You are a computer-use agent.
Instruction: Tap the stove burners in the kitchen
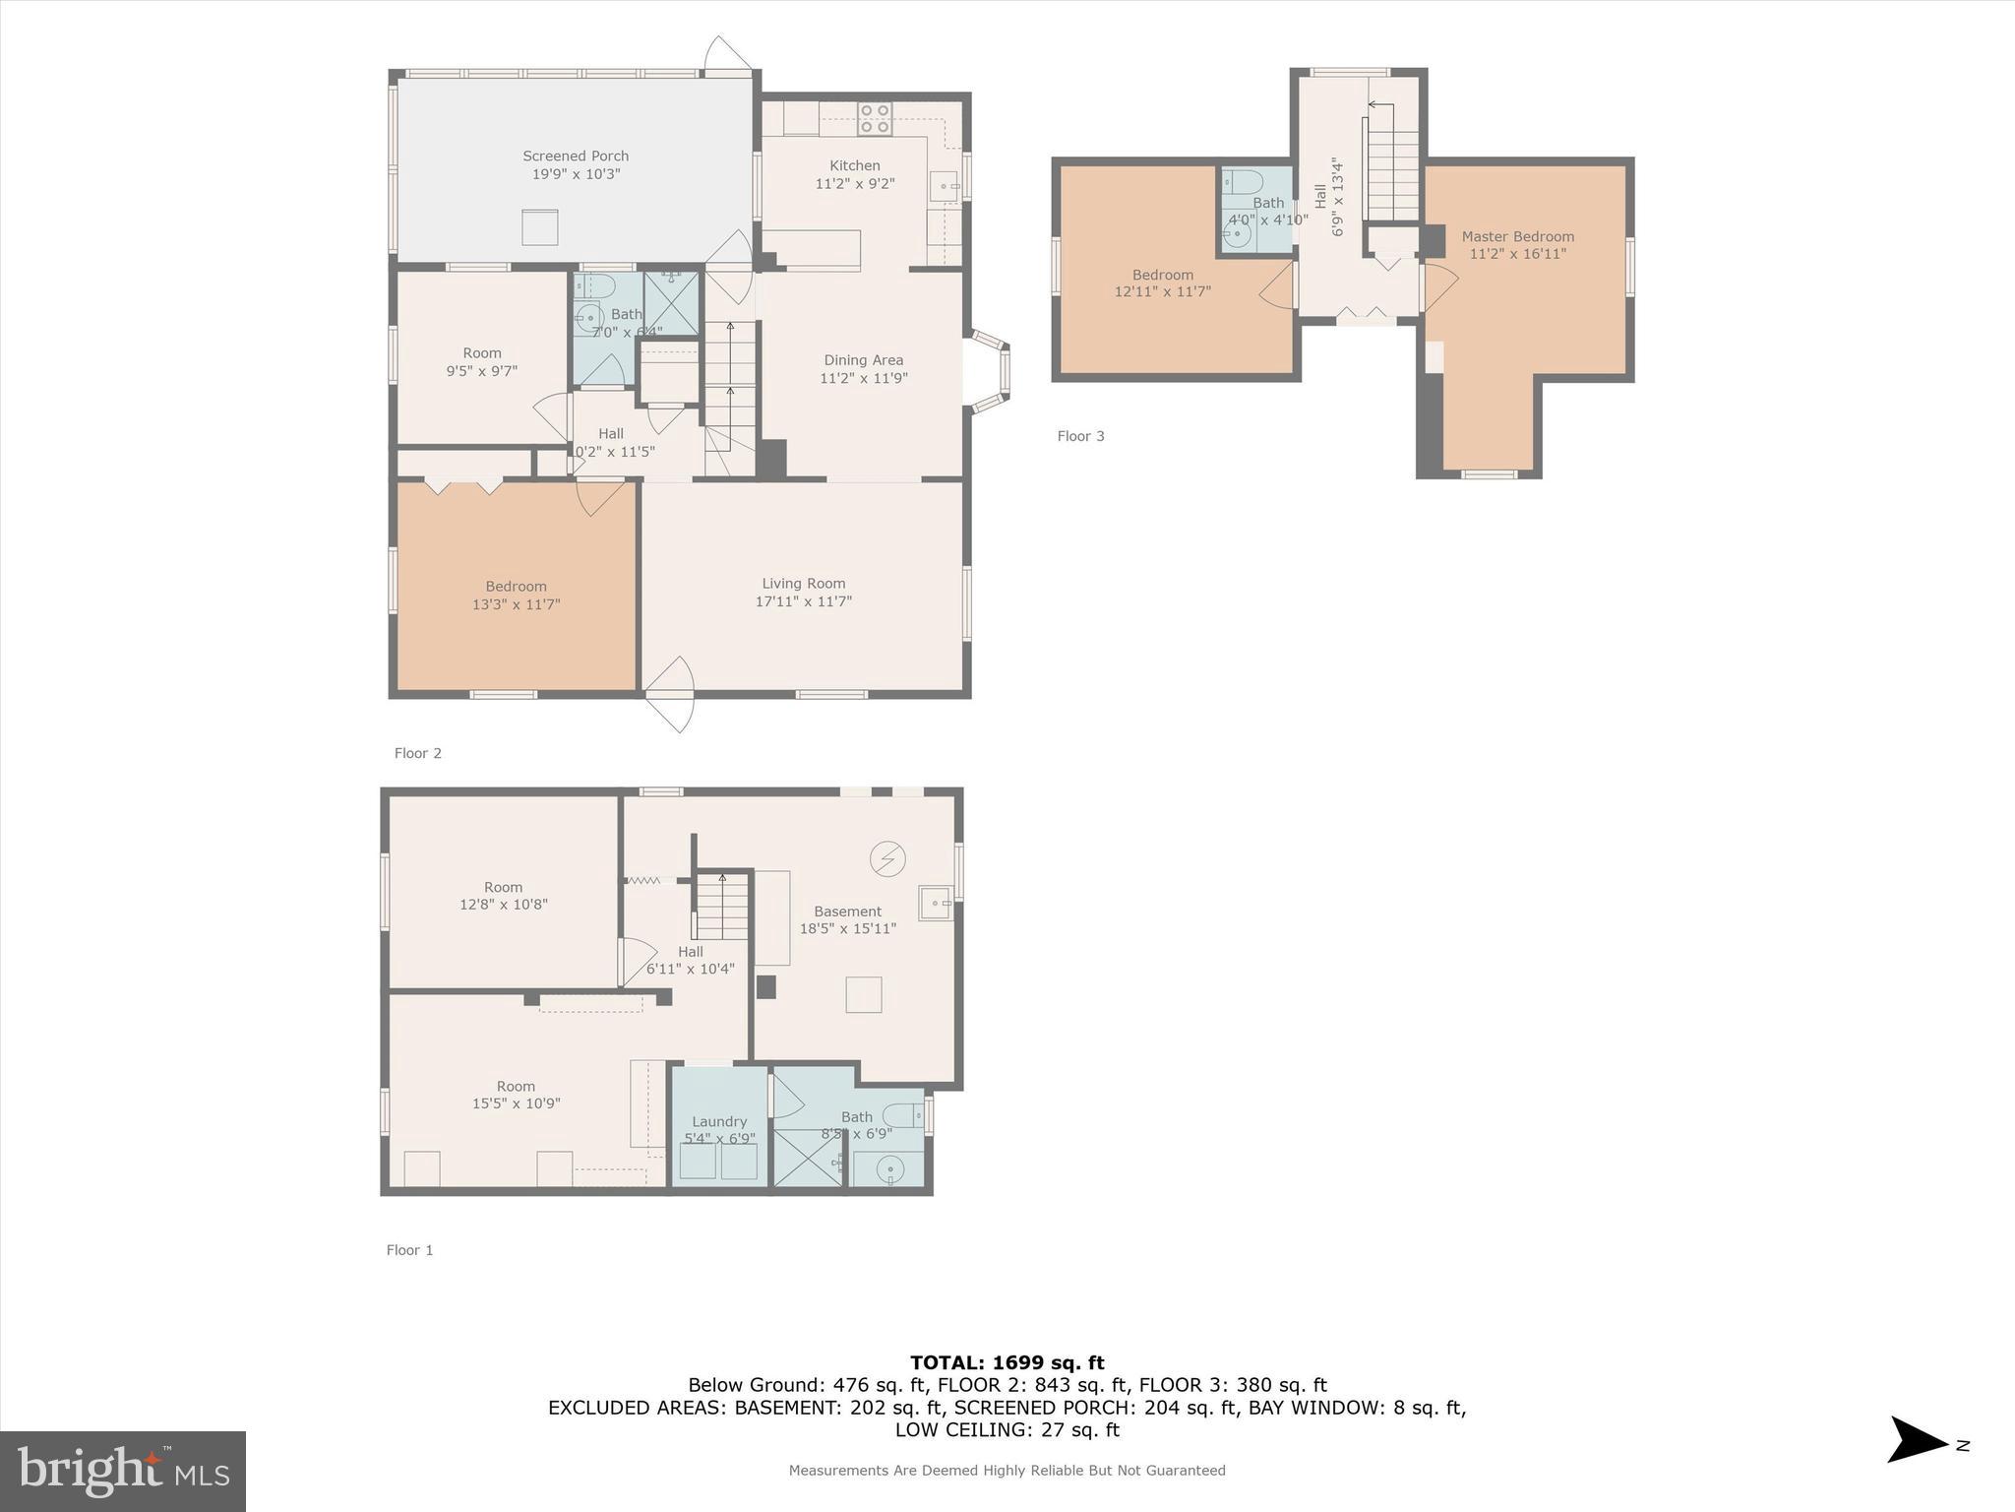pos(875,119)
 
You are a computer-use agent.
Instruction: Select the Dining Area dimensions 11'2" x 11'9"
pos(863,378)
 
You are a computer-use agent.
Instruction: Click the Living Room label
pos(803,584)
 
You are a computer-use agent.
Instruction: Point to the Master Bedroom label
pos(1517,236)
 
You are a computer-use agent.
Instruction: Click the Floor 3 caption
pos(1080,436)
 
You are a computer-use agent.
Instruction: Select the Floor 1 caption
pos(409,1250)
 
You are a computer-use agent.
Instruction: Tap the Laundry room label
pos(719,1121)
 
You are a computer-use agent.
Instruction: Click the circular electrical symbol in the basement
pos(887,858)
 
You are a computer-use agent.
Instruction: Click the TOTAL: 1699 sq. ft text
pos(1007,1362)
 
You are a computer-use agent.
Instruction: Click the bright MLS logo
pos(123,1471)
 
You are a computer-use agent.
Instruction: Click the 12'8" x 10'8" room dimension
pos(503,904)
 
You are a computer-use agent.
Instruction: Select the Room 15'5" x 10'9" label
pos(516,1095)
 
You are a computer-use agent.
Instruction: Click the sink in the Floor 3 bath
pos(1238,234)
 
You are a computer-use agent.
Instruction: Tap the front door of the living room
pos(670,694)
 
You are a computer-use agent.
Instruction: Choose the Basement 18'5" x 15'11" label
pos(847,919)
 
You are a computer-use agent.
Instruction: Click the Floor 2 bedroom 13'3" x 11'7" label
pos(516,596)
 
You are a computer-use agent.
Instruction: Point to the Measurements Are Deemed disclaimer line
pos(1007,1471)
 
